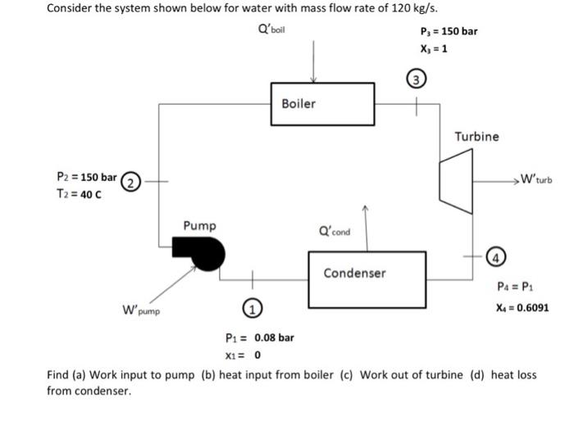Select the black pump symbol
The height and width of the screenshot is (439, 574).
[202, 254]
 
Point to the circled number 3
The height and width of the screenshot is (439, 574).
[417, 79]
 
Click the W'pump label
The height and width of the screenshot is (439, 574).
[142, 310]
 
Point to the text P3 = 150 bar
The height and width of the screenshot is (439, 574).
[448, 32]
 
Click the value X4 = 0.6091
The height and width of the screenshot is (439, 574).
[522, 309]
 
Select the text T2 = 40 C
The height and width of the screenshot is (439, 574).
[80, 192]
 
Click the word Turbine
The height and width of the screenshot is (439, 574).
[476, 137]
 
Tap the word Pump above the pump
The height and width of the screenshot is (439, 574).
[200, 224]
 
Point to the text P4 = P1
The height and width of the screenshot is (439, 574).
[517, 287]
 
